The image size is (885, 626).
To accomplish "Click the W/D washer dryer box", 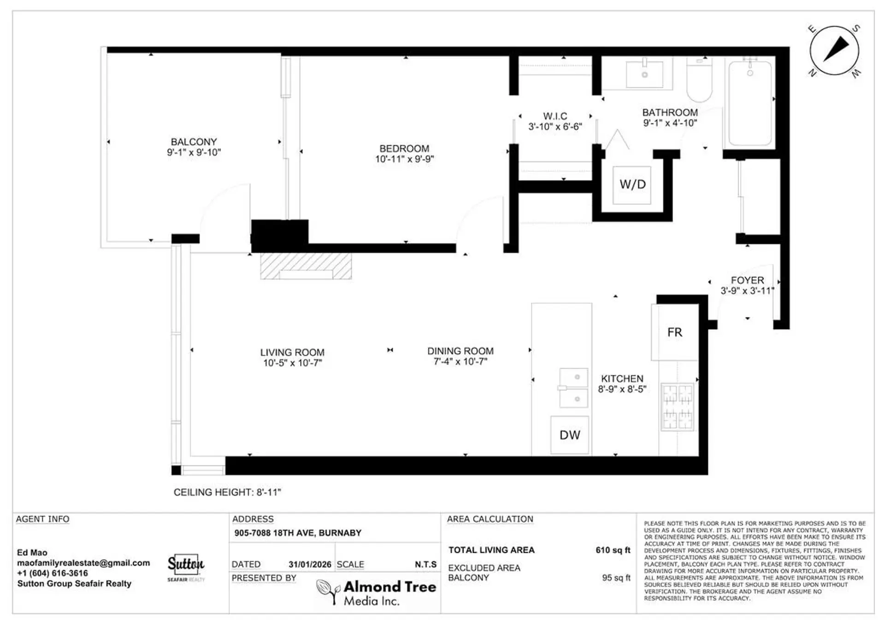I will [632, 185].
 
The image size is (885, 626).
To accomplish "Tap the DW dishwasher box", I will [570, 435].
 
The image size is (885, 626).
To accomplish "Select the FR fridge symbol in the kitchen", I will [674, 332].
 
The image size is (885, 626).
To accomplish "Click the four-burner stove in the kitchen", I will [677, 407].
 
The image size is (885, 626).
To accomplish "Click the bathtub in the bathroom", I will [750, 104].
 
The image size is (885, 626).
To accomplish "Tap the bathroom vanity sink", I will [644, 74].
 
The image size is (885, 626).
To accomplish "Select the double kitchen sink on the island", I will [573, 388].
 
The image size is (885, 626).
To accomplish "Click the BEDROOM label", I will [404, 148].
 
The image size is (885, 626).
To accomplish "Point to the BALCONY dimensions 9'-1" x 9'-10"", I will [194, 153].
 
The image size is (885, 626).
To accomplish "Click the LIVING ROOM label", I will [292, 352].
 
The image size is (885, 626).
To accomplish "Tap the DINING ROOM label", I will [460, 351].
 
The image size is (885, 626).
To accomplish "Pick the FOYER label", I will [747, 280].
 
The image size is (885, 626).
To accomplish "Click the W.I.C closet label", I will [555, 116].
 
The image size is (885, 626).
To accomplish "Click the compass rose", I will [834, 50].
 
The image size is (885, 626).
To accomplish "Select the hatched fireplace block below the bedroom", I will [306, 266].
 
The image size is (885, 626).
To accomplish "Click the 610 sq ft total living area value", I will [613, 550].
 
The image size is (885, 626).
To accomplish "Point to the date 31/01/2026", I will [310, 564].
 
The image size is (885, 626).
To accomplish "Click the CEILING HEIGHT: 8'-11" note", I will [227, 492].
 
